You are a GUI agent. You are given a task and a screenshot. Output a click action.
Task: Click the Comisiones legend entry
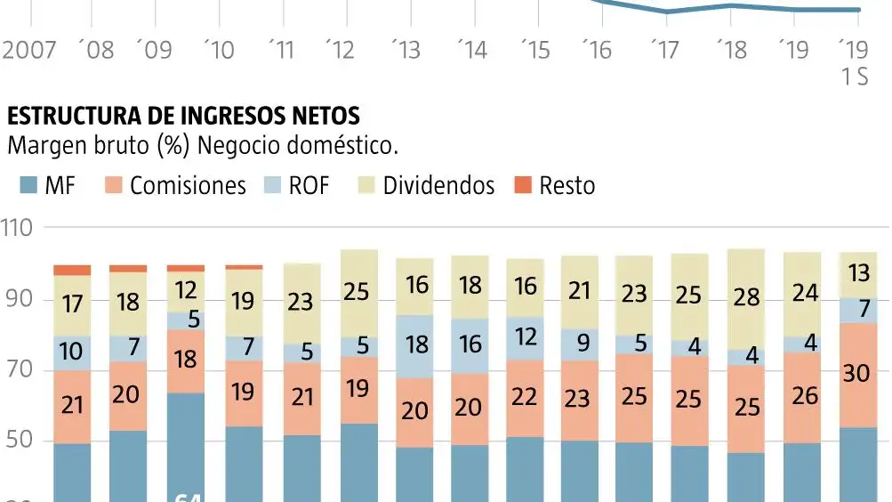(173, 185)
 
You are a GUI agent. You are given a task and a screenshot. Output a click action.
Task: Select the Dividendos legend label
(438, 185)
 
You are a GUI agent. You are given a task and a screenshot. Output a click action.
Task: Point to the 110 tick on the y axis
(18, 228)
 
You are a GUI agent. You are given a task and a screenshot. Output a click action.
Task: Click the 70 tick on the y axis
(18, 370)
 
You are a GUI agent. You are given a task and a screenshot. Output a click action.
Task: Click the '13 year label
(406, 49)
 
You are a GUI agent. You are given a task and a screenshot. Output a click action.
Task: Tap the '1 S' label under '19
(855, 78)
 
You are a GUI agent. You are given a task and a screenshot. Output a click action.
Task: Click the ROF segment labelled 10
(72, 352)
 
